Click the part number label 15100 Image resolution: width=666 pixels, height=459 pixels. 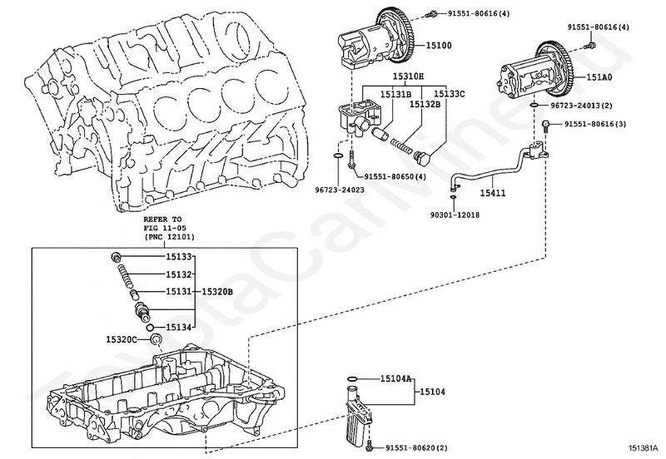(439, 45)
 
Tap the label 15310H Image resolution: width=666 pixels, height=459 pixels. (409, 76)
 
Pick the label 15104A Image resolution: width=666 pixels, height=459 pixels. (397, 378)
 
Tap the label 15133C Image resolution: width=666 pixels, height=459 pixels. (450, 93)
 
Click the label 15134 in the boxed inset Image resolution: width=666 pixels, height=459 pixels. (179, 327)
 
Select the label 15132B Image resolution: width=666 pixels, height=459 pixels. (425, 105)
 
